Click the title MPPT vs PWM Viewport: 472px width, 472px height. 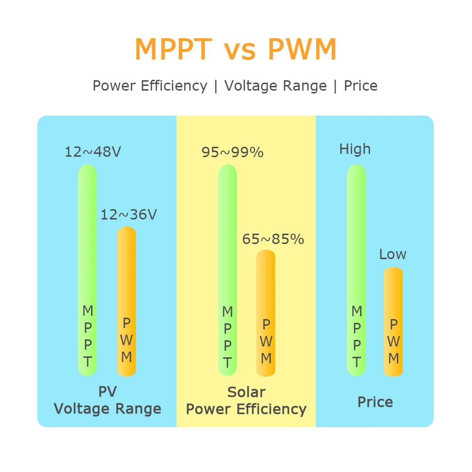tap(236, 49)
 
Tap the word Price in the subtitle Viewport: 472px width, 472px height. tap(361, 86)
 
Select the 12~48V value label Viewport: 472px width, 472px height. tap(93, 152)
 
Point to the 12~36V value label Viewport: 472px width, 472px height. tap(128, 215)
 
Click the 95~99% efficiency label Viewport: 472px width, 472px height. tap(232, 152)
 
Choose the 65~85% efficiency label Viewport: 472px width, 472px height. tap(273, 239)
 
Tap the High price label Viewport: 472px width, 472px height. tap(355, 150)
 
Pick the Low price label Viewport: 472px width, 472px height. tap(392, 254)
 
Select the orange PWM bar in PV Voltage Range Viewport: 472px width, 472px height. tap(126, 283)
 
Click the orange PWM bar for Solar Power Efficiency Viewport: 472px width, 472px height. tap(266, 293)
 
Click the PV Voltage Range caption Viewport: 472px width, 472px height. tap(108, 400)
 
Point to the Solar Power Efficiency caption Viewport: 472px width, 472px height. tap(246, 400)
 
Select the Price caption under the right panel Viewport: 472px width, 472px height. tap(375, 402)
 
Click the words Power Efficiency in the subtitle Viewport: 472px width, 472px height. tap(150, 86)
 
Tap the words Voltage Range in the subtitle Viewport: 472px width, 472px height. tap(275, 86)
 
